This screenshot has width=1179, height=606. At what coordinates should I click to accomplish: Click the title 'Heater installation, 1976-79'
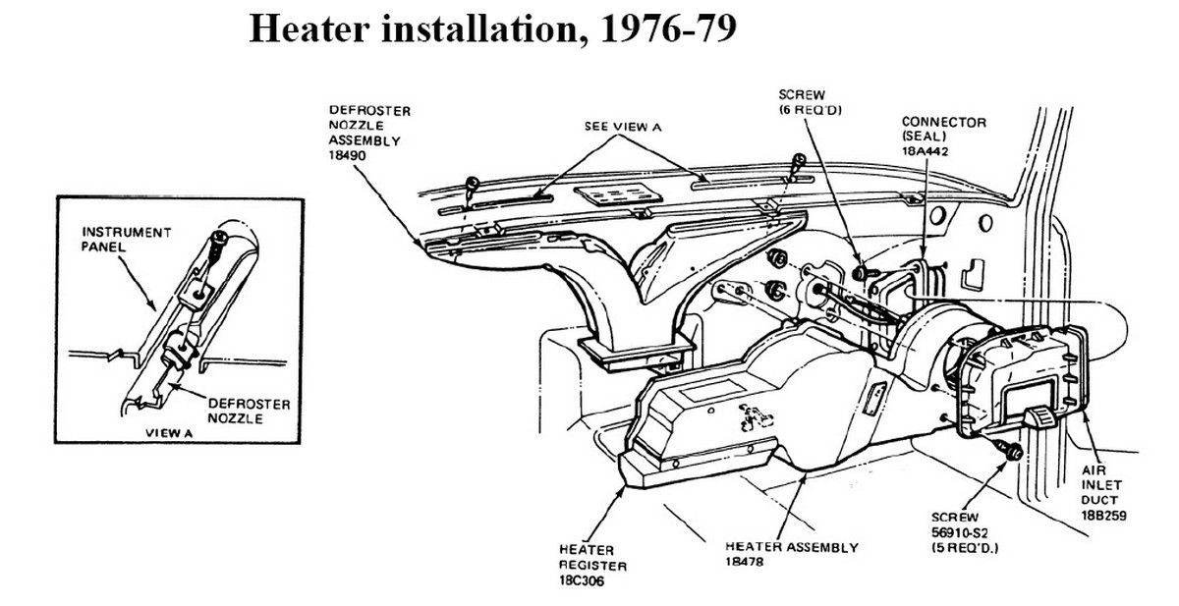point(492,29)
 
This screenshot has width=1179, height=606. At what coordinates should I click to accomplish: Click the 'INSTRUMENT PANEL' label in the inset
point(114,239)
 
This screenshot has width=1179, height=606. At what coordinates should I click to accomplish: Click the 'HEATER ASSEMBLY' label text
point(791,547)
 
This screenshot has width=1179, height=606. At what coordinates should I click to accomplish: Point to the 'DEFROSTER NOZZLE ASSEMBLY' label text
point(369,125)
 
